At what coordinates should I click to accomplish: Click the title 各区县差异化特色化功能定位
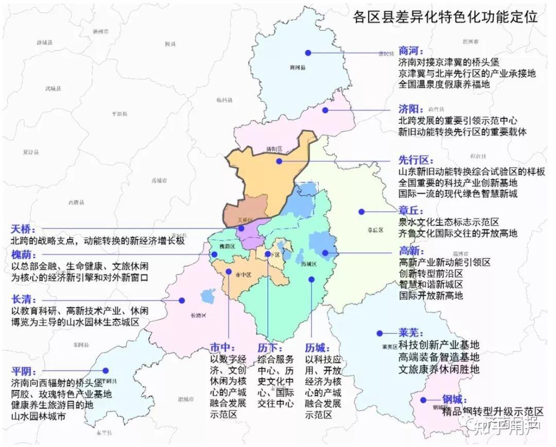[x=445, y=17]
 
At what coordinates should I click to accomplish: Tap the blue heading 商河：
[x=411, y=51]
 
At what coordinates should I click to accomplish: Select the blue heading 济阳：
[x=411, y=109]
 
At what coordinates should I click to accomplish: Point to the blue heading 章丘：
[x=411, y=210]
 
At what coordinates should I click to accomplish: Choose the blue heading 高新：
[x=411, y=251]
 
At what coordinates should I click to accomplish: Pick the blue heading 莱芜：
[x=411, y=332]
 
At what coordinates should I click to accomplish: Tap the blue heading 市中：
[x=222, y=347]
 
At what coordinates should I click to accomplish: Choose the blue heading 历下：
[x=269, y=347]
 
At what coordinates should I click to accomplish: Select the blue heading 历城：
[x=317, y=347]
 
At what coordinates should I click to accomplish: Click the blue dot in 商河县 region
[x=308, y=53]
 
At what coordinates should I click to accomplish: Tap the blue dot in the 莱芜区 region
[x=380, y=333]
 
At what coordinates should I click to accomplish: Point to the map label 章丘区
[x=376, y=230]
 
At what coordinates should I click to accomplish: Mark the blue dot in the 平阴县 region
[x=106, y=370]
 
